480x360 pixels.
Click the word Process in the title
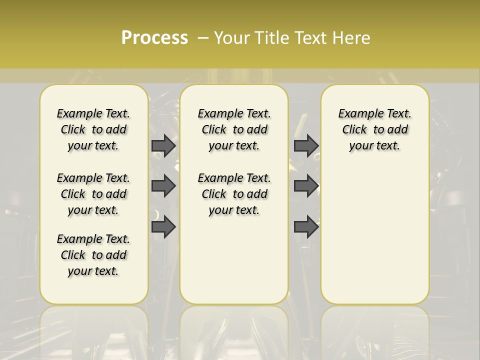(x=154, y=37)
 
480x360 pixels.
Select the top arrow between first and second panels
(x=163, y=145)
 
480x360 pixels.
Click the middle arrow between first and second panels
(x=163, y=186)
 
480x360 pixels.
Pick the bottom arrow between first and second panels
(x=163, y=227)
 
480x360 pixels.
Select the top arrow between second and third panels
(x=306, y=145)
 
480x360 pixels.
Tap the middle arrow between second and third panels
(x=306, y=186)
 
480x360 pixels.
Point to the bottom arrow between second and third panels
(x=306, y=227)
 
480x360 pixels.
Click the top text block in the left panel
(x=93, y=129)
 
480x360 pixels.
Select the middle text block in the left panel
(x=93, y=194)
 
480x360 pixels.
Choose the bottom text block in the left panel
(x=93, y=255)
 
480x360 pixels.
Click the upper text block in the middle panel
(x=234, y=129)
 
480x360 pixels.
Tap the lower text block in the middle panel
(x=234, y=194)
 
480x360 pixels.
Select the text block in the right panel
(x=374, y=129)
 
